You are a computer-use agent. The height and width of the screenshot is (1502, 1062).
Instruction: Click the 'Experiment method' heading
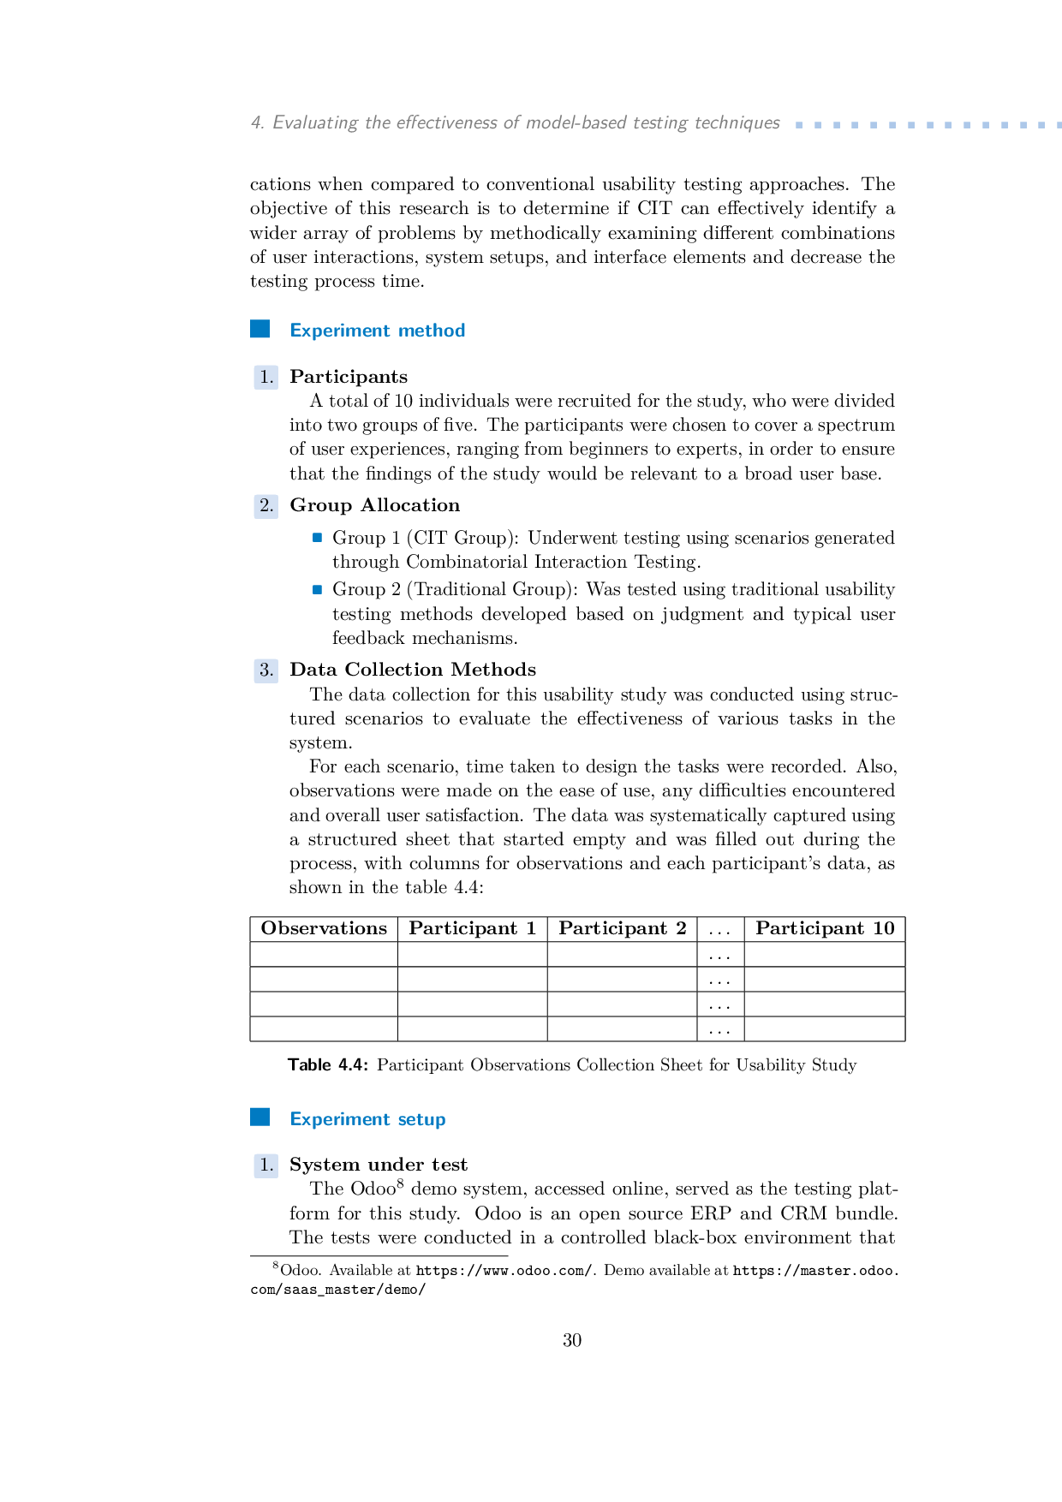click(x=377, y=331)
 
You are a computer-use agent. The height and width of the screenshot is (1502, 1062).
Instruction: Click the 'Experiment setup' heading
click(x=367, y=1119)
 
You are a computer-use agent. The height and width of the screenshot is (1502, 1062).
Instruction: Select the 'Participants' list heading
click(x=349, y=377)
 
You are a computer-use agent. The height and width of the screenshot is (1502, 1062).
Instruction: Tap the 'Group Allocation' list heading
click(x=374, y=505)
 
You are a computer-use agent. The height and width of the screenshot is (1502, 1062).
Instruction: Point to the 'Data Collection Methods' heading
click(x=413, y=670)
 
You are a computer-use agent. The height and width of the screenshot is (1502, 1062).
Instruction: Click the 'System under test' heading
click(x=379, y=1165)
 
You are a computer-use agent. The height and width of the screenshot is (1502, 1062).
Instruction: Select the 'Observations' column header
click(x=324, y=929)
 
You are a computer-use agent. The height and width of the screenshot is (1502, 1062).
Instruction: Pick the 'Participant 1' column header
click(x=472, y=929)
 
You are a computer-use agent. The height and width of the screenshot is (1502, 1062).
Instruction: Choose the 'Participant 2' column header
click(x=622, y=929)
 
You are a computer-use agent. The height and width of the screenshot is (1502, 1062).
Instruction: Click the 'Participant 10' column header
click(x=824, y=929)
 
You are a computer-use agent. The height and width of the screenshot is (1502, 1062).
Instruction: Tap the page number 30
click(x=572, y=1341)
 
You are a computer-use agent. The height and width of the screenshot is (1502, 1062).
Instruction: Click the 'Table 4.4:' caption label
click(x=328, y=1065)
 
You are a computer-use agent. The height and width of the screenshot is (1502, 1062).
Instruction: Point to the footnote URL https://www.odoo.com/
click(x=504, y=1271)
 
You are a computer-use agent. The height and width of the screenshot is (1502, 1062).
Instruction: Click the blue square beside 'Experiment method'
click(x=260, y=330)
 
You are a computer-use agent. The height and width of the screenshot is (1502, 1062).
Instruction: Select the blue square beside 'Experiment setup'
click(x=260, y=1118)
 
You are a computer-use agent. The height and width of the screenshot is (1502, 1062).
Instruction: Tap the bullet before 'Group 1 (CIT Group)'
click(x=317, y=538)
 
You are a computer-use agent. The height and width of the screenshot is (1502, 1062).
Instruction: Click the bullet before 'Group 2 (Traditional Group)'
click(x=317, y=589)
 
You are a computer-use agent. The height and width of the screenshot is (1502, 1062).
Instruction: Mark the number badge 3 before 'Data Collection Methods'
click(x=266, y=671)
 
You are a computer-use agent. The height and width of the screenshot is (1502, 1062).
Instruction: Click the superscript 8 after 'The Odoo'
click(x=400, y=1183)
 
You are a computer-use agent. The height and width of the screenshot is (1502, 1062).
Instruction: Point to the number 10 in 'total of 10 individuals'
click(x=403, y=402)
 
